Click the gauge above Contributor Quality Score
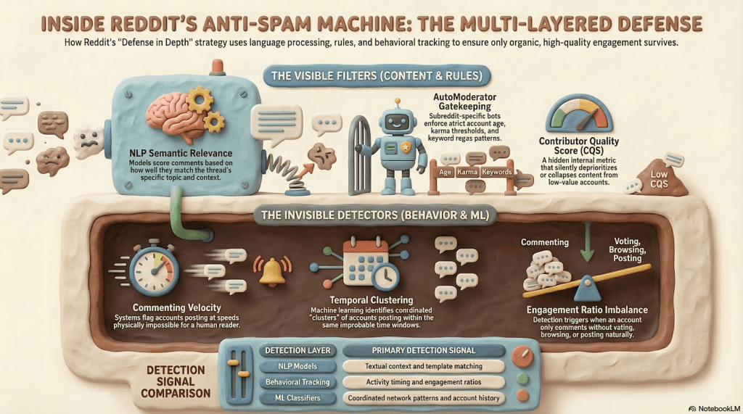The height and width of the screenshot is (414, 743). [x=578, y=112]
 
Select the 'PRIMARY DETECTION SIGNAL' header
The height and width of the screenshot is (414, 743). [x=423, y=350]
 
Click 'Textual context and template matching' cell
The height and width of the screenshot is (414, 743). [x=423, y=366]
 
